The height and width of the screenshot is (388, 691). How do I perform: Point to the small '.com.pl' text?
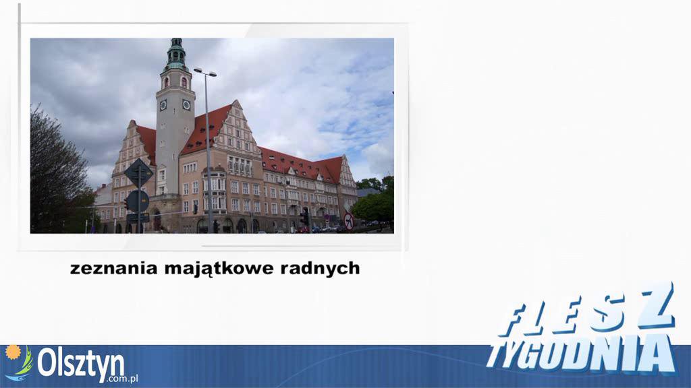click(x=124, y=379)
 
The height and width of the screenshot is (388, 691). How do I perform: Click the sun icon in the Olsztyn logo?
click(x=13, y=352)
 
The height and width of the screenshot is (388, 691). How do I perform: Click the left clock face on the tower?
click(x=163, y=104)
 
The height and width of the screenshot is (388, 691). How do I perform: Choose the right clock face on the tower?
click(x=186, y=104)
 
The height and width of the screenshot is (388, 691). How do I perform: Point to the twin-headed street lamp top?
click(x=205, y=72)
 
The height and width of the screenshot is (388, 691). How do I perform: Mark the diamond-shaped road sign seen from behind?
click(x=138, y=173)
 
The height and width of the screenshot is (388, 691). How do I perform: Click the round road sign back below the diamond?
click(x=138, y=201)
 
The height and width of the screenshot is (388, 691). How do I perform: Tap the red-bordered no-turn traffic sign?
click(x=349, y=221)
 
